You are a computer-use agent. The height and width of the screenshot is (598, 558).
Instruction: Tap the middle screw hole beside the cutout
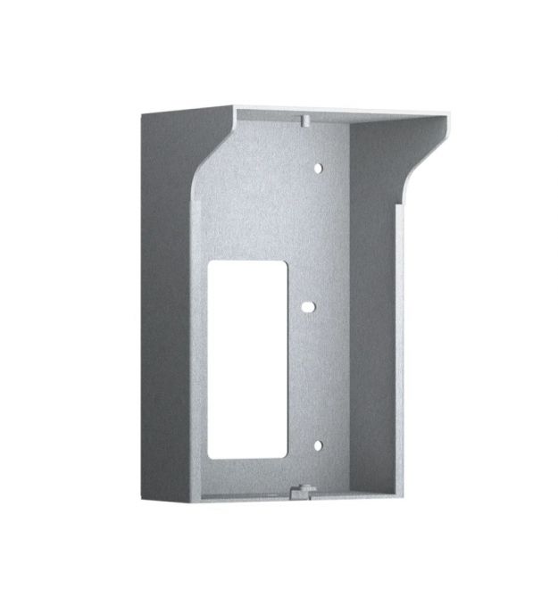coord(306,306)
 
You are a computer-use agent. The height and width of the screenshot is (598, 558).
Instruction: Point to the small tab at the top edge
coord(304,117)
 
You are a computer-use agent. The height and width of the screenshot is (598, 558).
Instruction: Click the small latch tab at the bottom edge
coord(301,488)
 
